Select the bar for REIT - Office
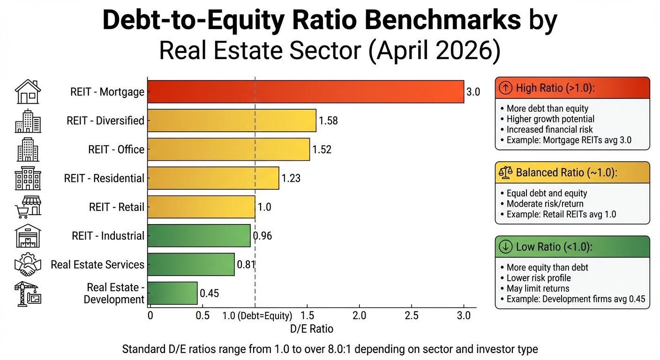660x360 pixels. tap(229, 150)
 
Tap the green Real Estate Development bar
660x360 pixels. tap(172, 293)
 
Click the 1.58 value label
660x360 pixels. tap(328, 121)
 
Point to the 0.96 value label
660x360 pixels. tap(262, 236)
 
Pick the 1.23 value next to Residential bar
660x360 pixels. tap(291, 179)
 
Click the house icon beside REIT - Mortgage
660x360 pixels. tap(28, 92)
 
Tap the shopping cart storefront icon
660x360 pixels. tap(28, 207)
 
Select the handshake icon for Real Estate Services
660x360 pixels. tap(28, 265)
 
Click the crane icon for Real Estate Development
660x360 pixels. tap(28, 293)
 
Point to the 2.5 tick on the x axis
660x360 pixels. tap(411, 315)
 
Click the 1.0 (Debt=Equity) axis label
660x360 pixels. tap(257, 315)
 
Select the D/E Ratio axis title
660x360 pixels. tap(312, 329)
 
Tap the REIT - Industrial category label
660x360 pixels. tap(108, 236)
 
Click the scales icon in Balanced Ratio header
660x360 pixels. tap(506, 172)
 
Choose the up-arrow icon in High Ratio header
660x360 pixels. tap(505, 88)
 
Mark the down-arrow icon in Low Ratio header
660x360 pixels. tap(505, 247)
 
